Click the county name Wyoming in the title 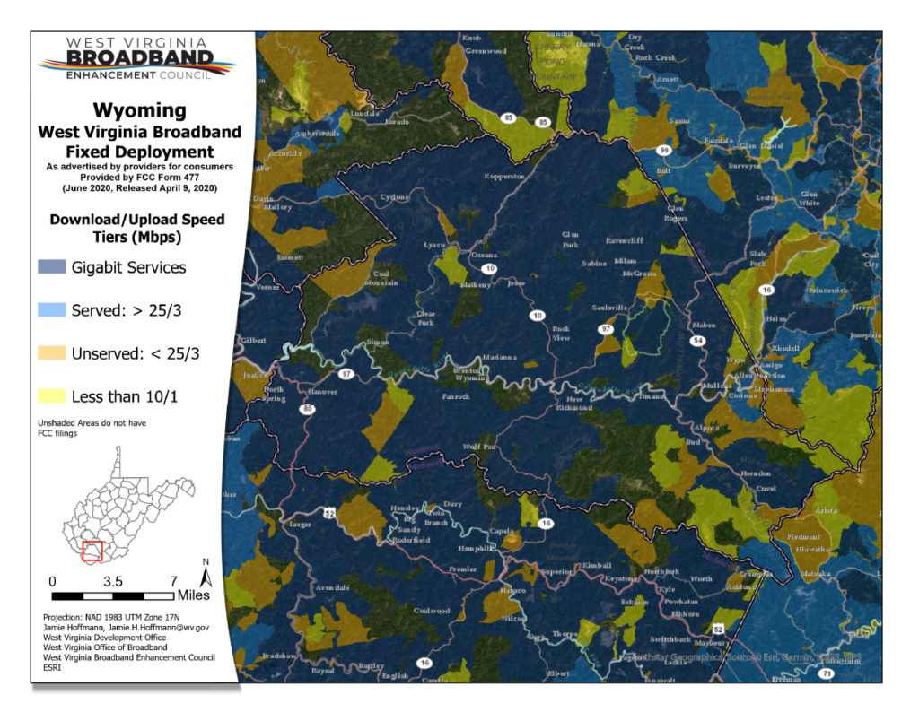[x=139, y=110]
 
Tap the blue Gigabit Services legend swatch [x=52, y=267]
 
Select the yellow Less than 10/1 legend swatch [x=52, y=396]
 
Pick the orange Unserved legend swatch [x=52, y=353]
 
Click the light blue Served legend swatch [x=52, y=310]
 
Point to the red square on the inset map [x=92, y=550]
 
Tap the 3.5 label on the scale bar [x=113, y=581]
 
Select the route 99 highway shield [x=663, y=150]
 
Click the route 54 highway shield [x=697, y=341]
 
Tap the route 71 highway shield [x=827, y=673]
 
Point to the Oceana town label [x=485, y=255]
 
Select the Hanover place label [x=323, y=392]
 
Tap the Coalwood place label [x=431, y=611]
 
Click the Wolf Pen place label [x=478, y=446]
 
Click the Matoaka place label [x=816, y=571]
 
